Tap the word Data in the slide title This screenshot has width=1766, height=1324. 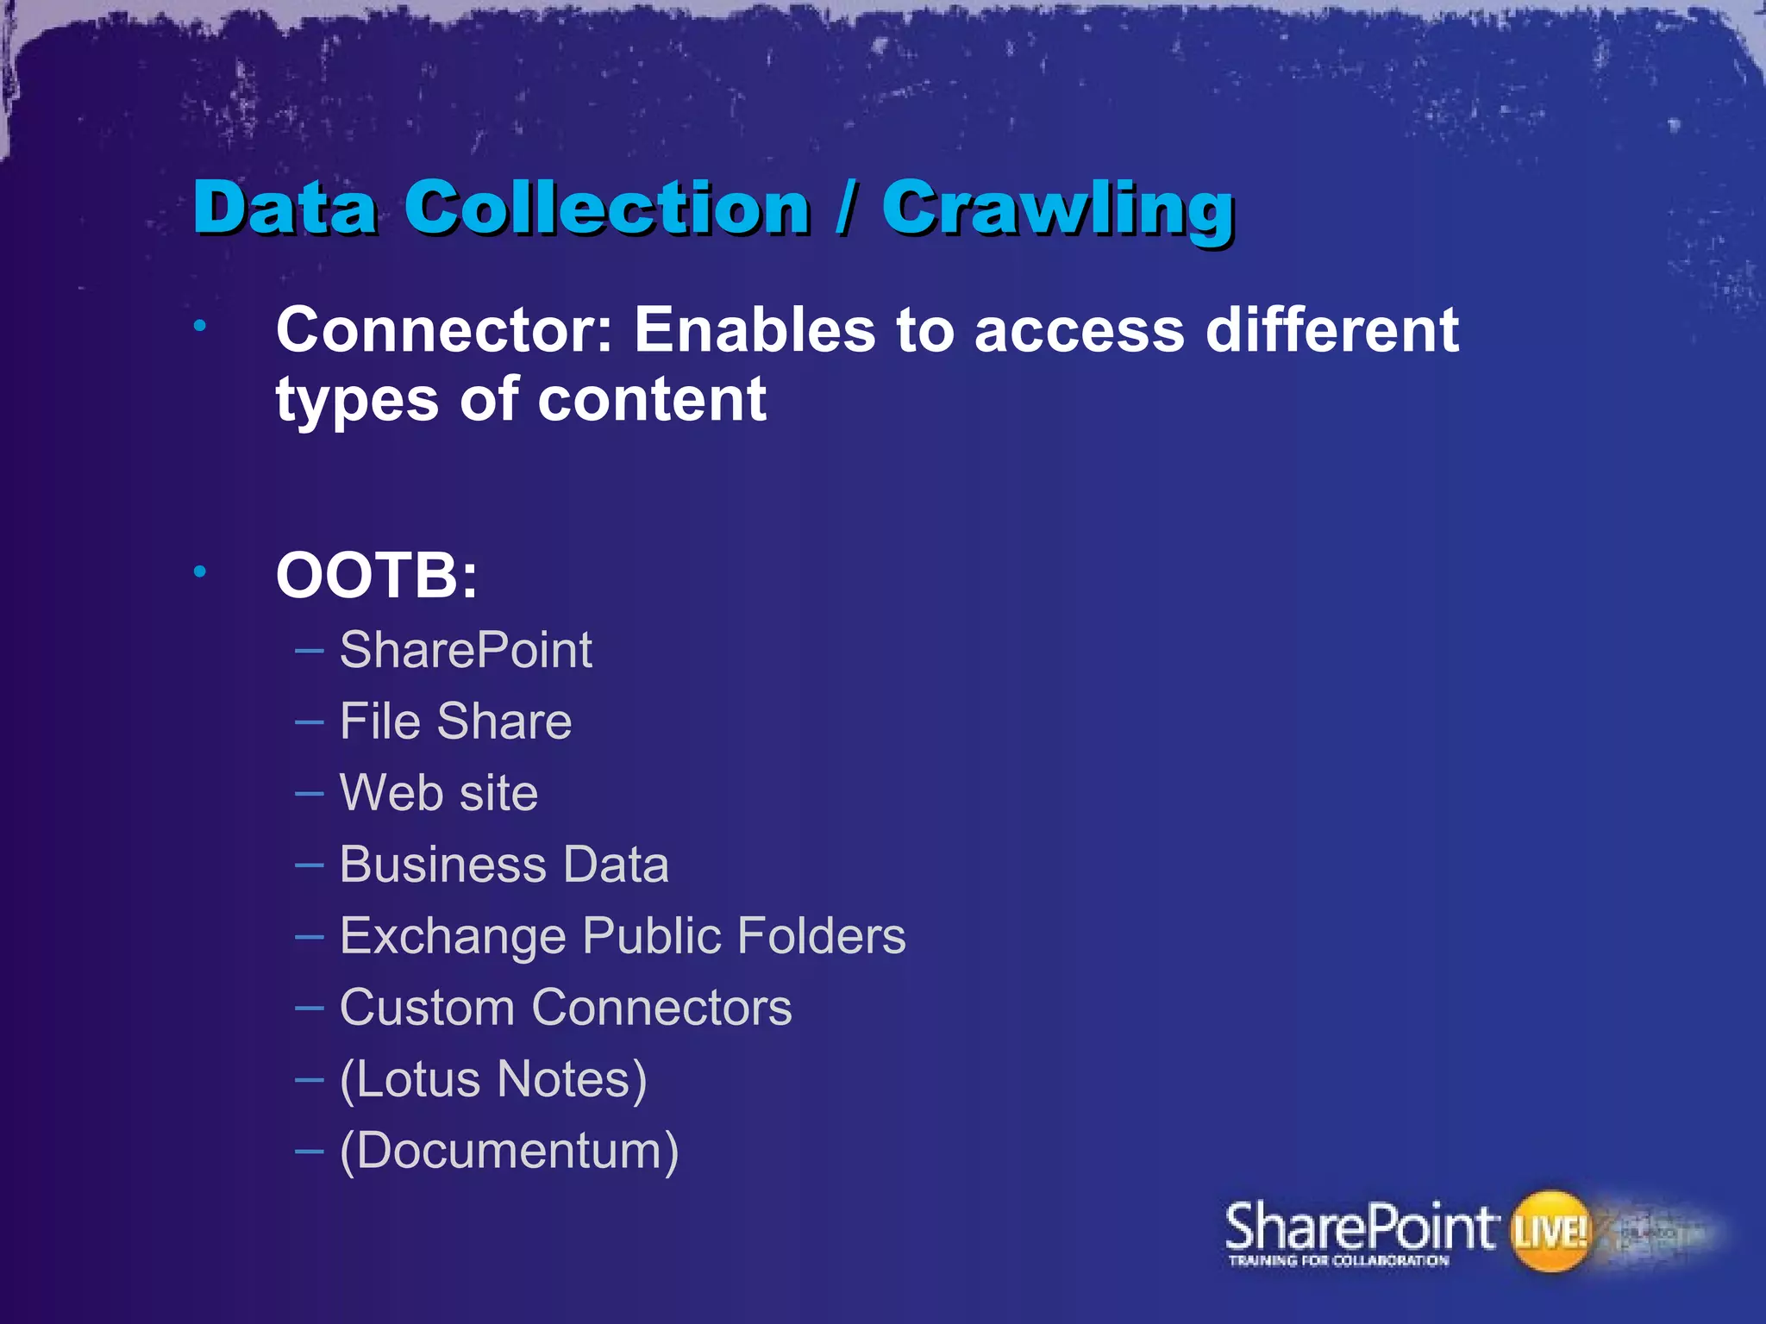pos(285,209)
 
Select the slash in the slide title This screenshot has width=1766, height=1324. pos(846,209)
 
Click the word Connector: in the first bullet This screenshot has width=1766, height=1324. pos(444,330)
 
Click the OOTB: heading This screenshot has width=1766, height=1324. pos(376,576)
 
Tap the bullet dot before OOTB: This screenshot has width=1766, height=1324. pos(200,571)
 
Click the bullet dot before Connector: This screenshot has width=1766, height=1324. pos(200,326)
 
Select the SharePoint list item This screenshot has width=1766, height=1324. pos(466,650)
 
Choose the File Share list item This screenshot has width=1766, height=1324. pos(455,721)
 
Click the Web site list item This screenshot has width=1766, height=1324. pos(438,793)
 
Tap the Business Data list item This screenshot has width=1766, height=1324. pos(504,865)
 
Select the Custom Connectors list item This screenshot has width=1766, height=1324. pos(565,1008)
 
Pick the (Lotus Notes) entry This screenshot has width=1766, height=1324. pos(493,1080)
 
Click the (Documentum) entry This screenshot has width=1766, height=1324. pos(509,1152)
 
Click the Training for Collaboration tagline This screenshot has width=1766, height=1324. pos(1338,1261)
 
